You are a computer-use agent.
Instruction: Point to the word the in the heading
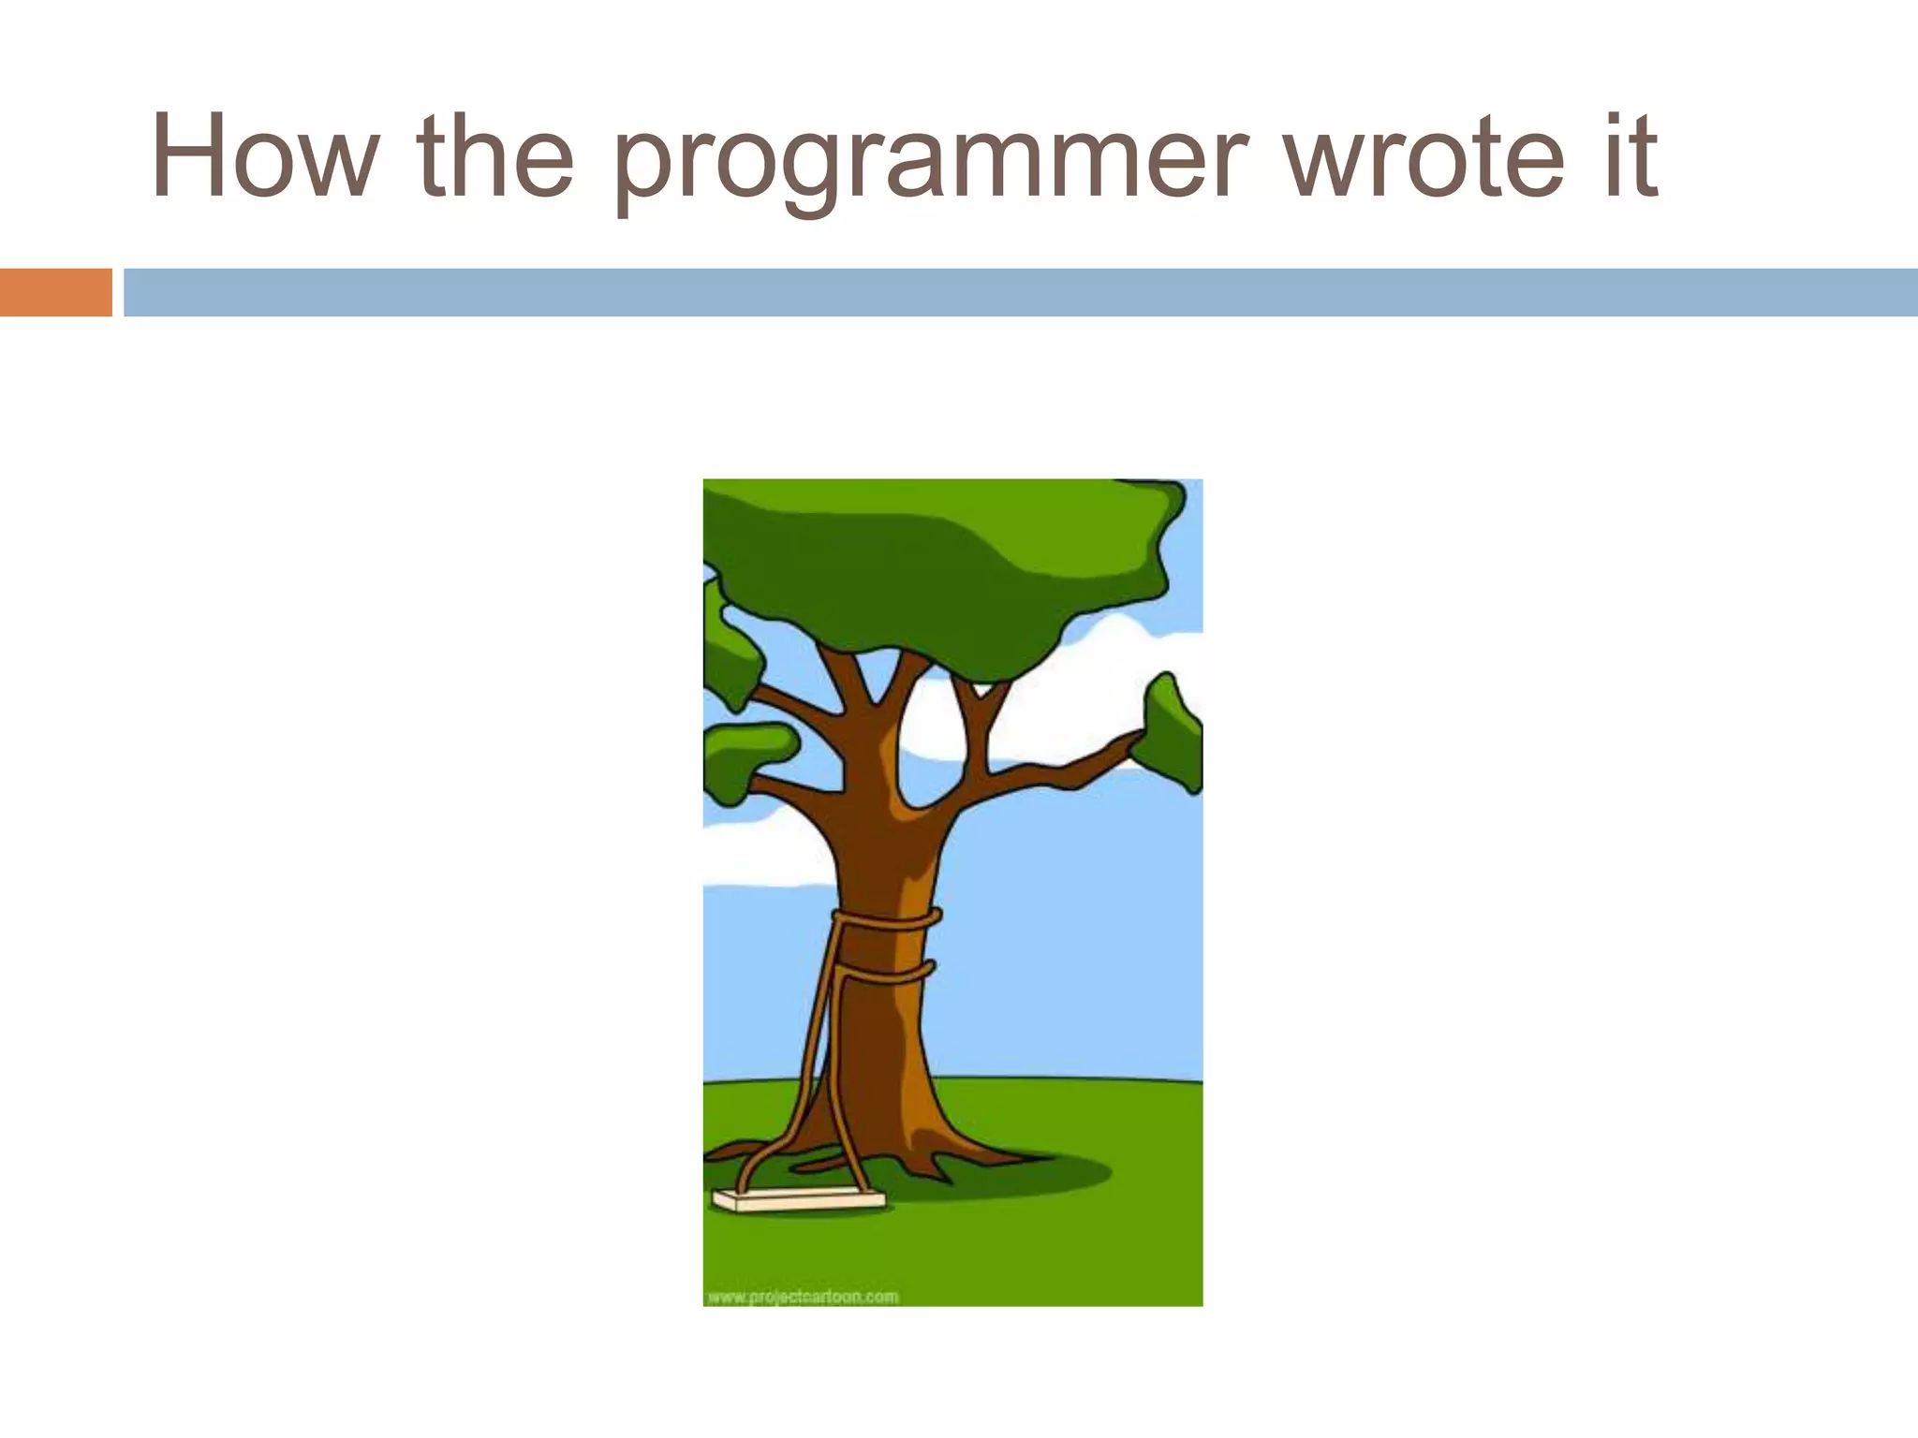[494, 156]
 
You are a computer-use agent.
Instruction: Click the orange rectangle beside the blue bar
[55, 292]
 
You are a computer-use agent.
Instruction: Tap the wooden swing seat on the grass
[799, 1200]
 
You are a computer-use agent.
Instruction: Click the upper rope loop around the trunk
[885, 920]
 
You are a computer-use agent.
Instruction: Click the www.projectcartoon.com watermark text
[803, 1297]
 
